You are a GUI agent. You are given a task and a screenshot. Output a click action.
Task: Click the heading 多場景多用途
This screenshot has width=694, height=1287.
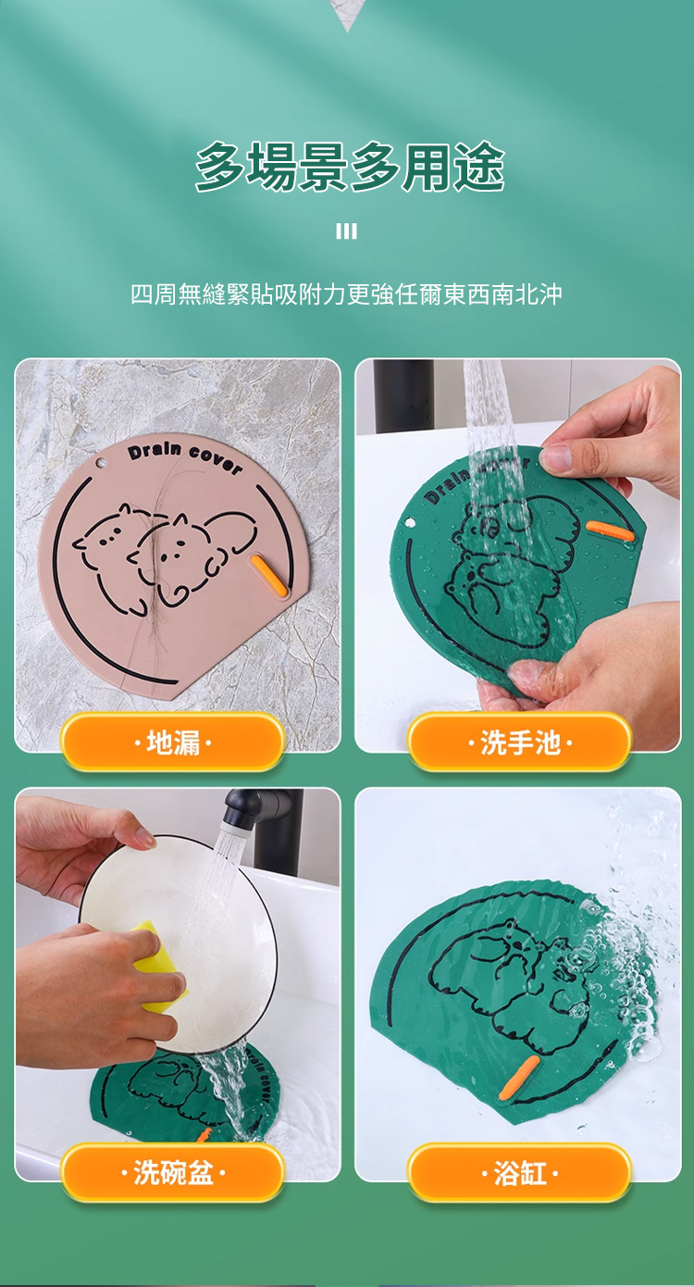pos(350,167)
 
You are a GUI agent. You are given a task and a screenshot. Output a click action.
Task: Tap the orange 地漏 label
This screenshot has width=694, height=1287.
pos(173,743)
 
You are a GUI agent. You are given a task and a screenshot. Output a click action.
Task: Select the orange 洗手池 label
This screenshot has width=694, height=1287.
pos(520,743)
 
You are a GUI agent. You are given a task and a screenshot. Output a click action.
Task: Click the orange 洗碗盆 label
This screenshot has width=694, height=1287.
pos(173,1172)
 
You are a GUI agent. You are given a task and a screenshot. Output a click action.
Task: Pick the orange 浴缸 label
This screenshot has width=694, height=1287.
pos(520,1172)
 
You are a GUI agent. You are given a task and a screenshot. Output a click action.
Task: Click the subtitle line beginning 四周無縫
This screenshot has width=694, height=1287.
pos(346,294)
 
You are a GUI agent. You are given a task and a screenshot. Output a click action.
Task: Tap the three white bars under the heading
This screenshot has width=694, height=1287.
pos(346,231)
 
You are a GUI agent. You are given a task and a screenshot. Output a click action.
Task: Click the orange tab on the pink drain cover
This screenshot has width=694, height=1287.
pos(267,576)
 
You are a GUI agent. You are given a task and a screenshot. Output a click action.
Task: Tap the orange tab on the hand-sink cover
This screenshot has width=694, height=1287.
pos(610,531)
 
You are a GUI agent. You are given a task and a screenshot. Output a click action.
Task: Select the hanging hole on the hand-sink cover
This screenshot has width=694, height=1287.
pos(409,523)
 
